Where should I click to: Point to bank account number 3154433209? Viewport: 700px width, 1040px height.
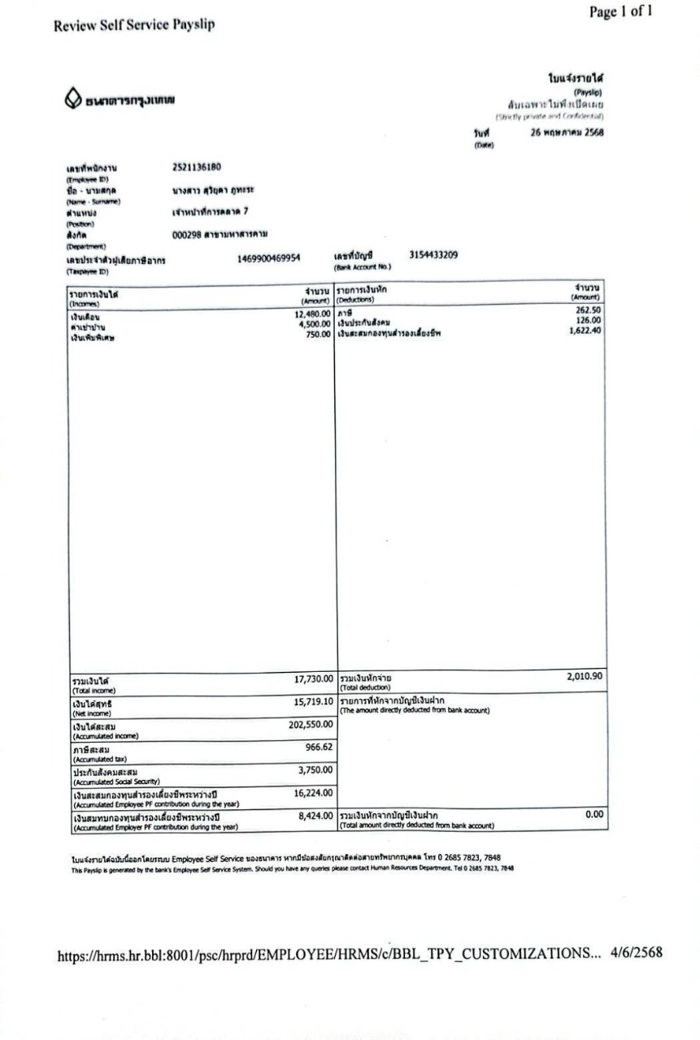click(x=433, y=254)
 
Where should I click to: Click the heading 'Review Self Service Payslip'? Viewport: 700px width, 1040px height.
click(x=134, y=25)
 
